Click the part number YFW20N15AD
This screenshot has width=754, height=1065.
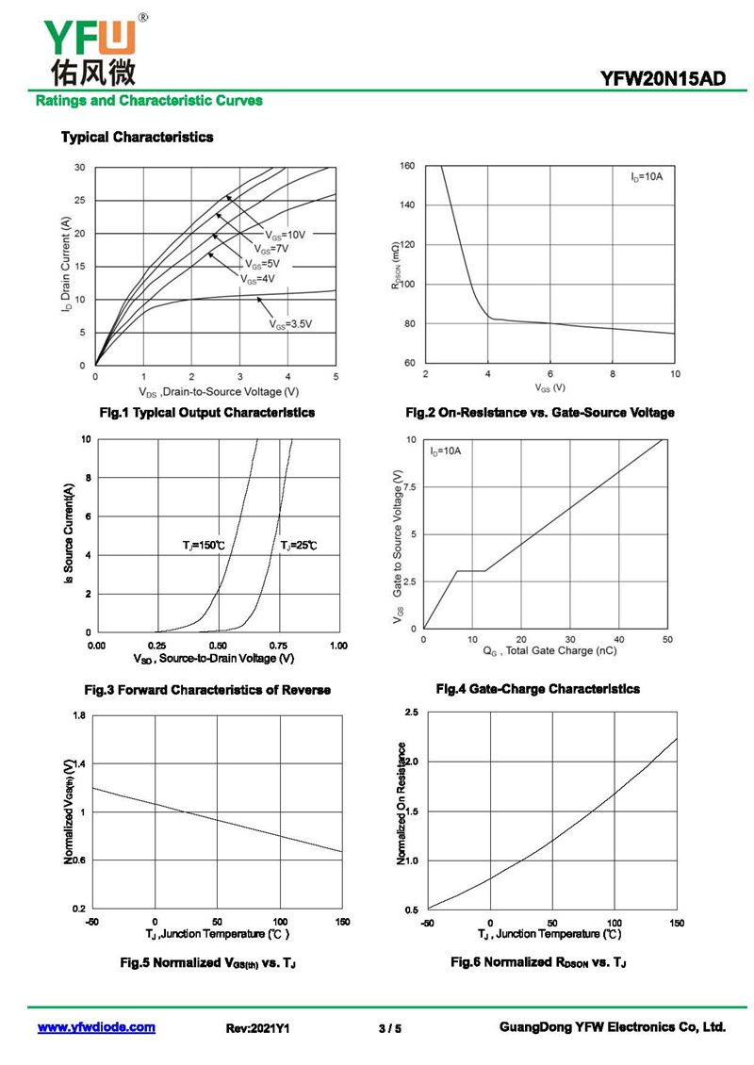pyautogui.click(x=664, y=80)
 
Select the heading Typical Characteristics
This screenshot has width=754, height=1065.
pyautogui.click(x=137, y=138)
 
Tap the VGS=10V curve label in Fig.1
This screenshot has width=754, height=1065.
pyautogui.click(x=285, y=234)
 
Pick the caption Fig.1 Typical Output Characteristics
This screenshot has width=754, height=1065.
pyautogui.click(x=207, y=413)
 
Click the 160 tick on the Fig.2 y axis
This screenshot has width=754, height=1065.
pyautogui.click(x=407, y=166)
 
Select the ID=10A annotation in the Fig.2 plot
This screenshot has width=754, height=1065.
pyautogui.click(x=647, y=177)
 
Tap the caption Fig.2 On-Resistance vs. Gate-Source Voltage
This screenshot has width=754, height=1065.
pyautogui.click(x=539, y=413)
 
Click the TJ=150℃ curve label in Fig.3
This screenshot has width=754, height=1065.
pyautogui.click(x=204, y=546)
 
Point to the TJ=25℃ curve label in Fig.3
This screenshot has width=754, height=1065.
pyautogui.click(x=299, y=546)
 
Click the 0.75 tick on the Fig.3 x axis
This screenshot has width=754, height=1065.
pyautogui.click(x=279, y=646)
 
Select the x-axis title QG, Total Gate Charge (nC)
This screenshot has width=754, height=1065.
pyautogui.click(x=550, y=651)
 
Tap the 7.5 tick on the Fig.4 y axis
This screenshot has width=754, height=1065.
pyautogui.click(x=410, y=486)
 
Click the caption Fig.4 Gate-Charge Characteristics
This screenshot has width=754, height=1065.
pyautogui.click(x=537, y=689)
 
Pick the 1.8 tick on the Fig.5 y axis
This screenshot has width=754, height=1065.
pyautogui.click(x=78, y=716)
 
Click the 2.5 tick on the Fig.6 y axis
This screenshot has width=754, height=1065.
pyautogui.click(x=411, y=712)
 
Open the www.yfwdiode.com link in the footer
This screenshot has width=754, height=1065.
pyautogui.click(x=96, y=1027)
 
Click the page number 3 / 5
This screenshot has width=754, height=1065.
pyautogui.click(x=389, y=1028)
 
